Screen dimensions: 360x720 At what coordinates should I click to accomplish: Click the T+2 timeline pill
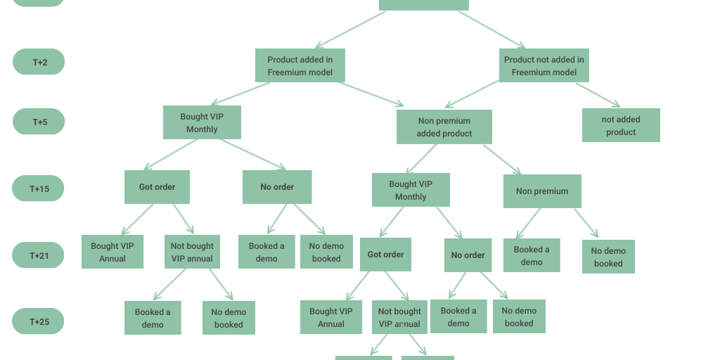pyautogui.click(x=39, y=62)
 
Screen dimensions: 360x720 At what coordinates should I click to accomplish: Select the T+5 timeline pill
pyautogui.click(x=39, y=122)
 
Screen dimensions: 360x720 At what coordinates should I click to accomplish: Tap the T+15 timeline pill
pyautogui.click(x=39, y=188)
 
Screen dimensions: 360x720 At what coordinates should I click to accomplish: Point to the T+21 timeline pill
pyautogui.click(x=39, y=255)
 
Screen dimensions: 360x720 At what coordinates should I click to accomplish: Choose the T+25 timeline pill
pyautogui.click(x=39, y=321)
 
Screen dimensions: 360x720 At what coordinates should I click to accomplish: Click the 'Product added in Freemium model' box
pyautogui.click(x=300, y=65)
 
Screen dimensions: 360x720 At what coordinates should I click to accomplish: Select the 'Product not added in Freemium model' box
pyautogui.click(x=544, y=65)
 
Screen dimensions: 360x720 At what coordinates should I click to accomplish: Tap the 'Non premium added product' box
pyautogui.click(x=444, y=127)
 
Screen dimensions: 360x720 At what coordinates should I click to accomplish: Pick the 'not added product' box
pyautogui.click(x=621, y=125)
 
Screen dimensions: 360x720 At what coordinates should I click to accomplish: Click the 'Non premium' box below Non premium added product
pyautogui.click(x=542, y=191)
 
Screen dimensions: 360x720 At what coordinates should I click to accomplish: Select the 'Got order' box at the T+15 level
pyautogui.click(x=157, y=187)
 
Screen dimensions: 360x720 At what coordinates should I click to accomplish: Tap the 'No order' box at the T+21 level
pyautogui.click(x=468, y=255)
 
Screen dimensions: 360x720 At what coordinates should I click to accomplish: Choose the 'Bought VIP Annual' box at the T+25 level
pyautogui.click(x=330, y=317)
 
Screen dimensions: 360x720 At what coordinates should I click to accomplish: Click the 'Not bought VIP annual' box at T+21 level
pyautogui.click(x=192, y=252)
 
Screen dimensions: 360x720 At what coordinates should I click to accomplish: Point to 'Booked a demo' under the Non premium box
pyautogui.click(x=532, y=255)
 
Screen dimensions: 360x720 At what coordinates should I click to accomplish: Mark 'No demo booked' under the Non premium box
pyautogui.click(x=608, y=257)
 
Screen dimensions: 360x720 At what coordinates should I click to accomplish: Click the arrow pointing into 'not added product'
pyautogui.click(x=598, y=96)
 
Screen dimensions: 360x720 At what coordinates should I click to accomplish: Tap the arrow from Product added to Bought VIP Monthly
pyautogui.click(x=240, y=94)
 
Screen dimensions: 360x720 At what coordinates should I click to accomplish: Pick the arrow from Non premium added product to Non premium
pyautogui.click(x=502, y=160)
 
